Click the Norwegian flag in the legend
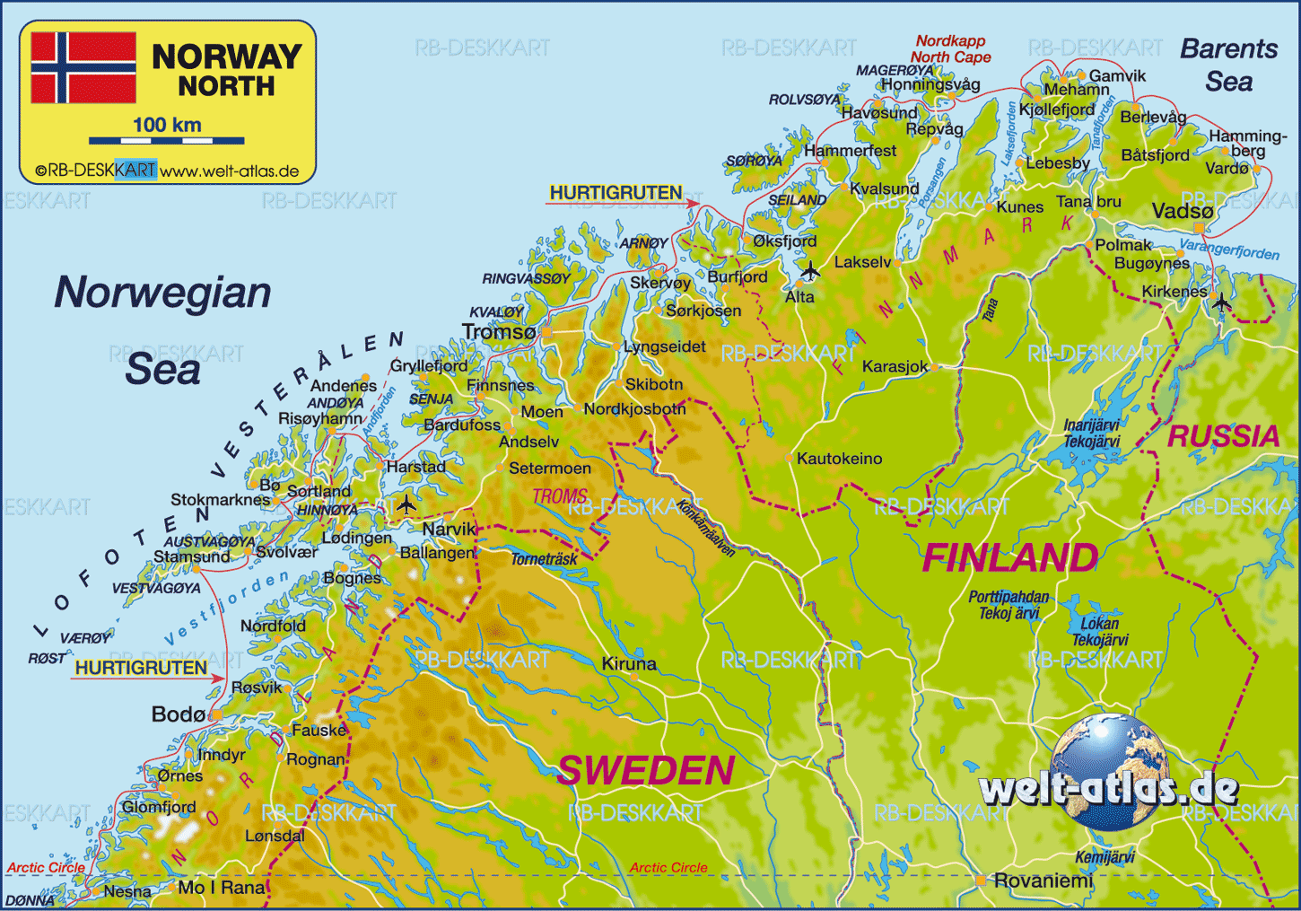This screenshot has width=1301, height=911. pos(83,68)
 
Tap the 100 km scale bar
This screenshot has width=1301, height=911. pos(167,140)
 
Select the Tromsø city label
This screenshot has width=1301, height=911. pos(499,332)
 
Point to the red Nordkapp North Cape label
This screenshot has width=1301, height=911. pos(950,48)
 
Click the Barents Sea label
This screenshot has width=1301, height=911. pos(1228,65)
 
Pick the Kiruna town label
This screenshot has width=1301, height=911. pos(629,664)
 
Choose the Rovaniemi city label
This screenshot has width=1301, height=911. pos(1043,880)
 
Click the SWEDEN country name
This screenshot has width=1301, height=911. pos(646,771)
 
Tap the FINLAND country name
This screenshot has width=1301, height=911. pos(1009,558)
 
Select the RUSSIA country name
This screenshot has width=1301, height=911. pos(1223,436)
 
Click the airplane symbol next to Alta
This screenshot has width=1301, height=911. pos(810,270)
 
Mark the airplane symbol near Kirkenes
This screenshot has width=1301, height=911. pos(1221,302)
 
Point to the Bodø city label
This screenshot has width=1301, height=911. pos(179,714)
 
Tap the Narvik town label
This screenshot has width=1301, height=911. pos(449,529)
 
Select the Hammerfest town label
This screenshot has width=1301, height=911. pos(850,151)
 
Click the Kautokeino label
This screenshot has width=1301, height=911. pos(839,459)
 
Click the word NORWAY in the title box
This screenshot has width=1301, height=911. pos(226,57)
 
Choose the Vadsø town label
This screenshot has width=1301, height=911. pos(1182,211)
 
